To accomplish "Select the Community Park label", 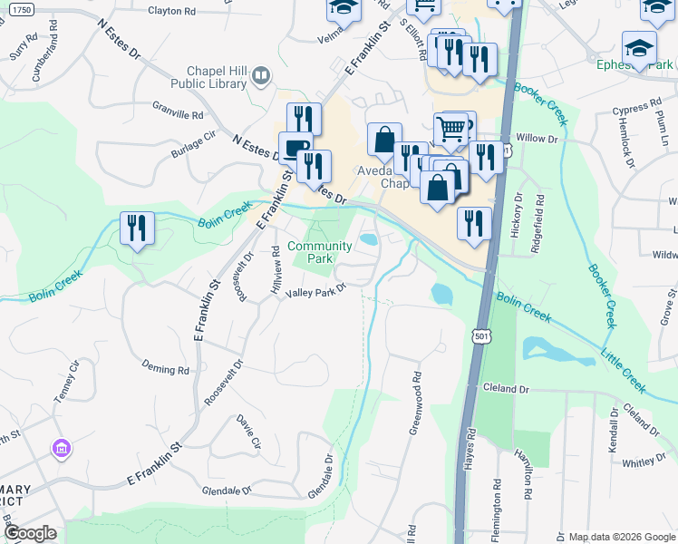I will [319, 252].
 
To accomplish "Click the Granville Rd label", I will [178, 115].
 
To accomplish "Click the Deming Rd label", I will [165, 370].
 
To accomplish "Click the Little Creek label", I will [625, 373].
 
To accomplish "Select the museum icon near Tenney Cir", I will [63, 448].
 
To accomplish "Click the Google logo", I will [30, 533].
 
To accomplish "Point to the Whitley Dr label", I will [644, 462].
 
